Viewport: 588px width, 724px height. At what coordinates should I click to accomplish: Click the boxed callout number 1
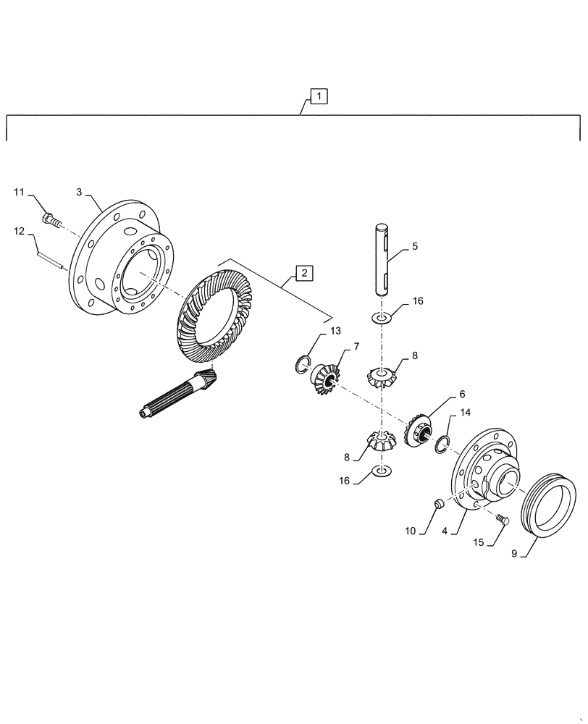click(319, 96)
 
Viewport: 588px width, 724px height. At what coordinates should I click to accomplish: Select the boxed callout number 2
click(304, 273)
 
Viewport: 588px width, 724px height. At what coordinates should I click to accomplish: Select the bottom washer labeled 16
click(381, 472)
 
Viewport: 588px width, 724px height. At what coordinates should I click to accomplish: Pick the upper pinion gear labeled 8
click(381, 377)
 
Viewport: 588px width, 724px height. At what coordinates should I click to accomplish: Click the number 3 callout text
click(79, 192)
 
